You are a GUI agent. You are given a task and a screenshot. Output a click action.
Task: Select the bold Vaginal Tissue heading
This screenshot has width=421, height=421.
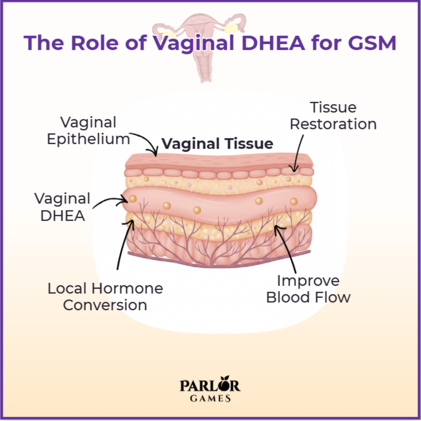[217, 144]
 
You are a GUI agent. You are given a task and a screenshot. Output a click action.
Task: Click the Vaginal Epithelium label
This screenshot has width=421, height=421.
[88, 131]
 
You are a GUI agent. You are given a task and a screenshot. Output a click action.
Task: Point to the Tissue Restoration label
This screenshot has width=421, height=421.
[333, 116]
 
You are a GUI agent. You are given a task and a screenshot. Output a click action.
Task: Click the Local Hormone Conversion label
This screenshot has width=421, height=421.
[105, 297]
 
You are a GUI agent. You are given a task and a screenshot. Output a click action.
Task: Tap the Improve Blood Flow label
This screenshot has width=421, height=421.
[308, 289]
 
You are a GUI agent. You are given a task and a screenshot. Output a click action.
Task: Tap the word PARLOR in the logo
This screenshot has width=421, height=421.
[210, 386]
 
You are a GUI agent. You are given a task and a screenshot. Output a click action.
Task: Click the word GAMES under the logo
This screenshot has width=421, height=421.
[210, 398]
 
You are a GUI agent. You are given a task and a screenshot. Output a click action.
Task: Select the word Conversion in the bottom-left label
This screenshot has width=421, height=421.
[105, 305]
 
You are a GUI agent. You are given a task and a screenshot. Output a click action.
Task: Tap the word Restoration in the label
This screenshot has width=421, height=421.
[333, 124]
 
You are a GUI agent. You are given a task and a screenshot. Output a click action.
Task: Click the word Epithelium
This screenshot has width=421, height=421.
[88, 139]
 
